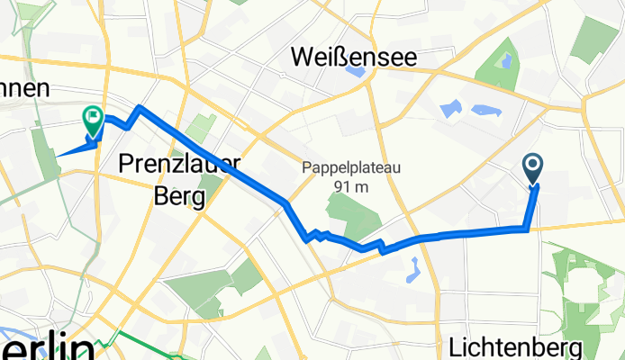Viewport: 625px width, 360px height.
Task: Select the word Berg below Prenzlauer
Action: (162, 194)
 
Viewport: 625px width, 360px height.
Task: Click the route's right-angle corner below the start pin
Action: (526, 230)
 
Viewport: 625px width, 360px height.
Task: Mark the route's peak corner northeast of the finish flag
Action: (139, 107)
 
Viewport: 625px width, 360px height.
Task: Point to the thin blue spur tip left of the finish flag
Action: (57, 155)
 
